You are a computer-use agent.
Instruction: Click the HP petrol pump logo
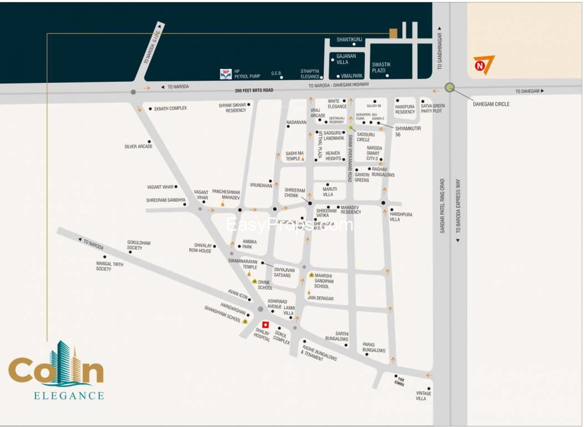point(226,73)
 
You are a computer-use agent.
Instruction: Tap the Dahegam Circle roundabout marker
point(450,87)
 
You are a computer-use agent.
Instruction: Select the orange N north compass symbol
point(482,65)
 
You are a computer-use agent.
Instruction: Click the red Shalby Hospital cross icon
point(265,325)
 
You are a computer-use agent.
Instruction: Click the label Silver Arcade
point(138,147)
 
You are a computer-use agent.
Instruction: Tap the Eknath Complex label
point(170,108)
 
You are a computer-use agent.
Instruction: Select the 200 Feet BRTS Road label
point(254,90)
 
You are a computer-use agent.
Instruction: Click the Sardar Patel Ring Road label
point(442,206)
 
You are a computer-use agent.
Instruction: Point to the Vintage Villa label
point(424,396)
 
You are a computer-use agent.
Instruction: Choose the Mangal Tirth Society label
point(109,266)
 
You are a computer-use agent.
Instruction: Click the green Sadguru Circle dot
point(351,127)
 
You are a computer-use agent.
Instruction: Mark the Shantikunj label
point(349,39)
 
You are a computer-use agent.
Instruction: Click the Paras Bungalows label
point(374,347)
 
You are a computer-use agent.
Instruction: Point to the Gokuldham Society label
point(139,245)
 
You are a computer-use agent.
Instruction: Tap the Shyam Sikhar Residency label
point(232,107)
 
